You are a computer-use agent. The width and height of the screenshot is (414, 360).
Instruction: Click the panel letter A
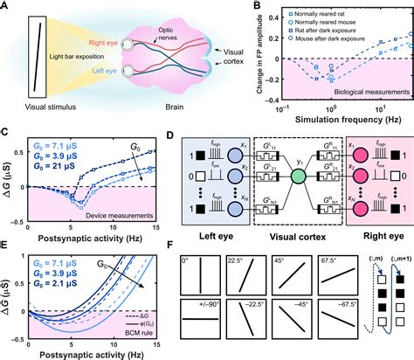pos(7,7)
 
